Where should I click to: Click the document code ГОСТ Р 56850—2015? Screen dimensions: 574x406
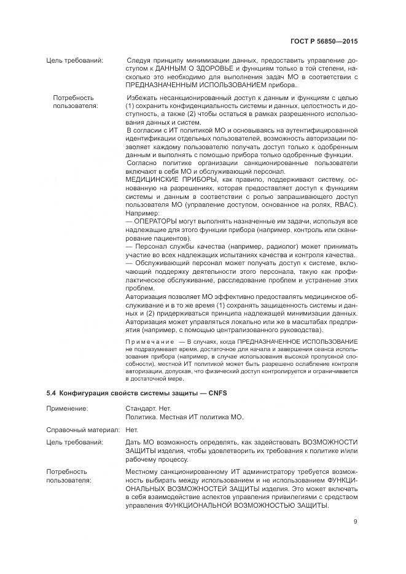pos(324,41)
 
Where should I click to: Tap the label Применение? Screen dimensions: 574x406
pos(67,408)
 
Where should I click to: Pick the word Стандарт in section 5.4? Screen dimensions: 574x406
pos(140,408)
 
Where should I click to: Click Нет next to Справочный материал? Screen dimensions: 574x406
pos(131,431)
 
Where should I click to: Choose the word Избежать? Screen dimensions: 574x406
pos(142,98)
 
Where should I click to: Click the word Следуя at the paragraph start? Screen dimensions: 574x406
pos(139,61)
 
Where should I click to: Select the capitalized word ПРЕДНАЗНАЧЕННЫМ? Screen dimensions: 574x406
pos(162,85)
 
